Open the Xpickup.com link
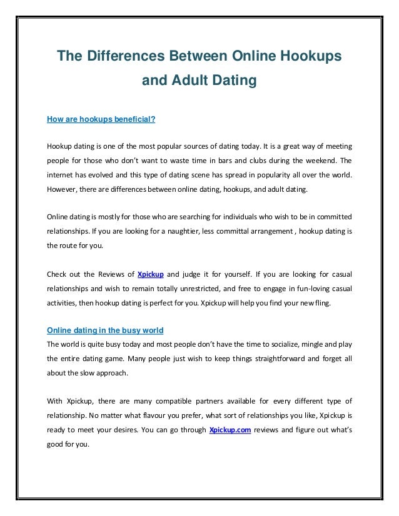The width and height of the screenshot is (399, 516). click(230, 430)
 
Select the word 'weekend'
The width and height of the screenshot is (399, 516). click(316, 160)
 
